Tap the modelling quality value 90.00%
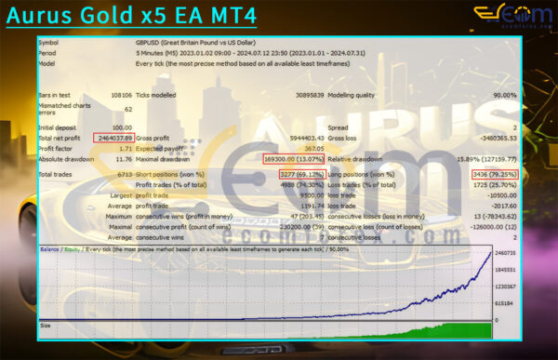[x=504, y=95]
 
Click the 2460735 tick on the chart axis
[x=504, y=254]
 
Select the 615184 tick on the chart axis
[x=505, y=302]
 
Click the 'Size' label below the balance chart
[x=46, y=327]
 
